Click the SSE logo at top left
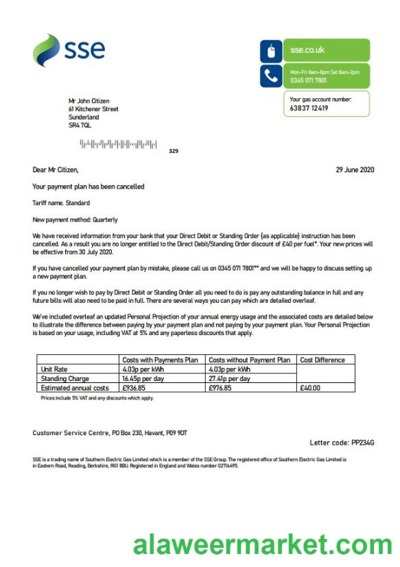[69, 50]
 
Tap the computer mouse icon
[270, 51]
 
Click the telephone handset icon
[270, 75]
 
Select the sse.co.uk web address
[307, 50]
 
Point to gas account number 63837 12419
[309, 108]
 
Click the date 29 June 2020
[355, 170]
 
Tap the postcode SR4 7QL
[80, 126]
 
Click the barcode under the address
[118, 144]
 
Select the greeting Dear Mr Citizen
[56, 170]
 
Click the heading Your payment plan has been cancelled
[89, 187]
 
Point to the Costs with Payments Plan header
[159, 360]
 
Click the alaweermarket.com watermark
[262, 546]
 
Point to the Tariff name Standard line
[61, 203]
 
